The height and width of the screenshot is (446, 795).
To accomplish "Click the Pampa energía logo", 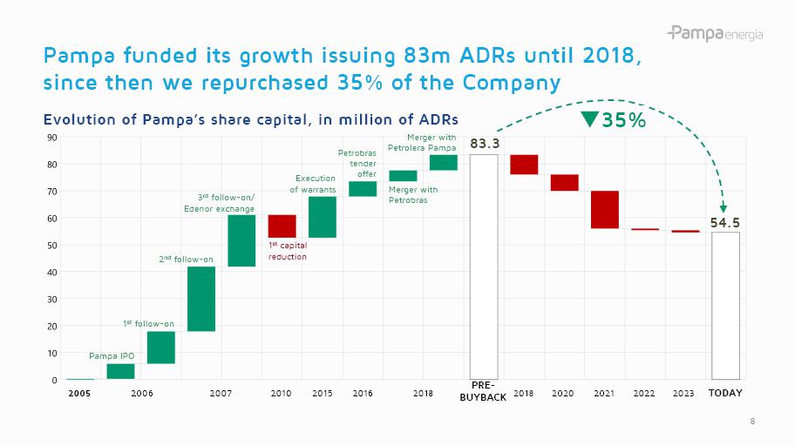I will click(x=715, y=34).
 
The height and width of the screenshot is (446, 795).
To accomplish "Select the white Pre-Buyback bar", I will click(x=484, y=267).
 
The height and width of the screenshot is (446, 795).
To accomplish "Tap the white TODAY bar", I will click(x=725, y=305).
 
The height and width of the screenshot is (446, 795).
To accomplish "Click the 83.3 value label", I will click(x=484, y=143).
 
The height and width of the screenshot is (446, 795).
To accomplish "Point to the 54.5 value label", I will click(x=725, y=222).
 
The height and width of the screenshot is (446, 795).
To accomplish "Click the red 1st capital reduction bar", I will click(x=282, y=226).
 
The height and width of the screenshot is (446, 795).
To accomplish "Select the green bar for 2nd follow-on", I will click(x=201, y=298).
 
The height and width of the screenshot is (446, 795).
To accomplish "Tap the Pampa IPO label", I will click(x=112, y=355).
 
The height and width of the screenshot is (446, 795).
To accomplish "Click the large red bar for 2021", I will click(x=604, y=209).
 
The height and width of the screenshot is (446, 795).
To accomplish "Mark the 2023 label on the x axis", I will click(x=683, y=394).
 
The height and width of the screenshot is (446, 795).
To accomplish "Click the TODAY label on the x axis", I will click(x=725, y=394).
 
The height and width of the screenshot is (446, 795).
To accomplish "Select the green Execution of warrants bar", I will click(x=323, y=217).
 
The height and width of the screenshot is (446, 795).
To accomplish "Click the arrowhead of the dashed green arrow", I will click(x=723, y=207).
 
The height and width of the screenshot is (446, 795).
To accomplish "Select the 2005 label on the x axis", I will click(x=79, y=394).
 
